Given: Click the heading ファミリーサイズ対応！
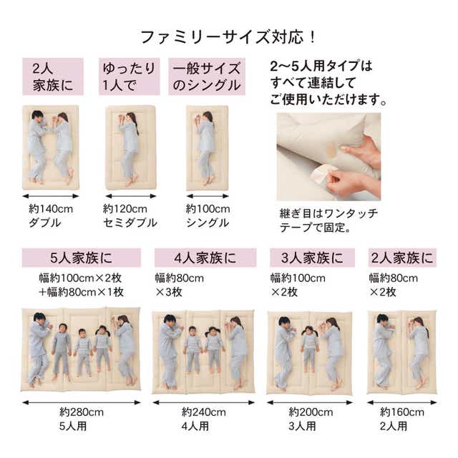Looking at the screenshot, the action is click(228, 37).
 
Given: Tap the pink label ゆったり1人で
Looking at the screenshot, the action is click(129, 77).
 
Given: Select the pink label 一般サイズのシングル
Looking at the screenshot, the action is click(207, 77).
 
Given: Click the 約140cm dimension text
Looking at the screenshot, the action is click(51, 209).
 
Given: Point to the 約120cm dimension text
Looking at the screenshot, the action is click(125, 209).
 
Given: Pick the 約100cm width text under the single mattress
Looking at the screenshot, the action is click(208, 209).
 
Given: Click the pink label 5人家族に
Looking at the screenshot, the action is click(81, 258).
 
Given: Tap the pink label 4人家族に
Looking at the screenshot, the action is click(205, 258).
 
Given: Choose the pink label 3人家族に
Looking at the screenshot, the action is click(312, 258).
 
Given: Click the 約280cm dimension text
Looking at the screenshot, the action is click(82, 412).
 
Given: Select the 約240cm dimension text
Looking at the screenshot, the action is click(203, 412).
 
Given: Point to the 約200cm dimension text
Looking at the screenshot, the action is click(311, 412).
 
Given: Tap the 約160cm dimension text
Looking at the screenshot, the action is click(402, 412).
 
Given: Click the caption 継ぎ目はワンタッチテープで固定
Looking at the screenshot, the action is click(328, 220).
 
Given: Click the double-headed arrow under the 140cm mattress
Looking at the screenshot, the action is click(51, 196).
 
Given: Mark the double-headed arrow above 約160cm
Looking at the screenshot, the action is click(402, 403).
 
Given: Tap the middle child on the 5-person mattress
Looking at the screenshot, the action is click(83, 352).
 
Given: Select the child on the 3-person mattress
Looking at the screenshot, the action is click(310, 349).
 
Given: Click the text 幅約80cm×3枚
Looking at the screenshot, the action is click(179, 285).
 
